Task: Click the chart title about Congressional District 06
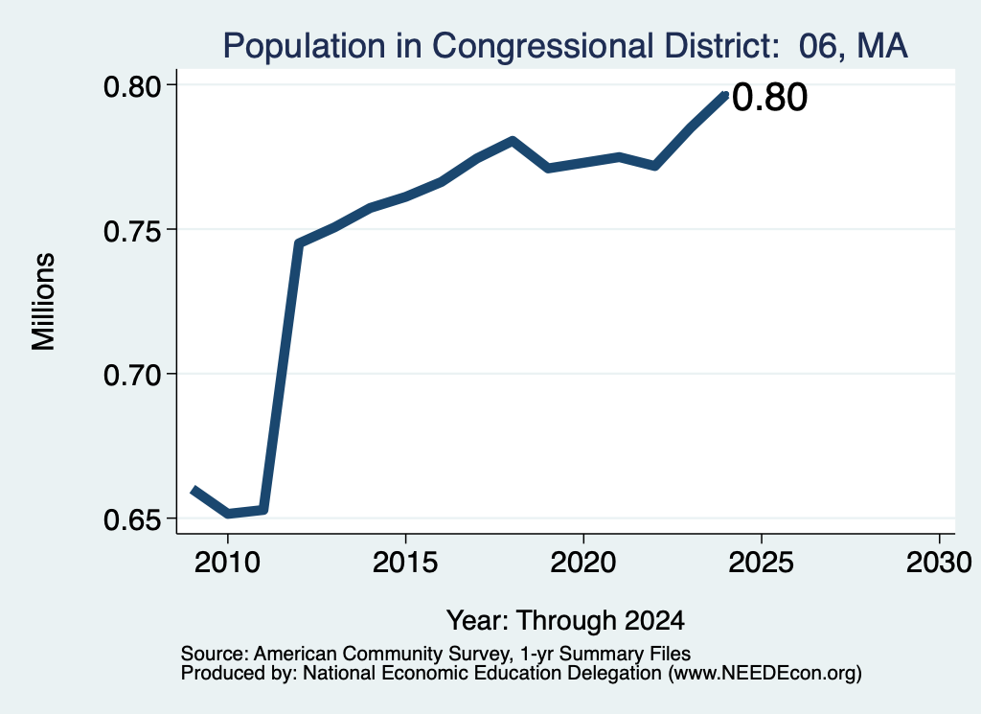pos(565,46)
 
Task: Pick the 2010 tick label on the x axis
pos(227,563)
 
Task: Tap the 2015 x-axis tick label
pos(405,563)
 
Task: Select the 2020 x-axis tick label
pos(583,563)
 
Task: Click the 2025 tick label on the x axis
pos(762,563)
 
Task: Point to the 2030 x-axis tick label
pos(939,563)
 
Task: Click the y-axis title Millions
pos(43,302)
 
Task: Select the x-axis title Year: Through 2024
pos(565,620)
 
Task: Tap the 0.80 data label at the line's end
pos(769,98)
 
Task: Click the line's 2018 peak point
pos(513,140)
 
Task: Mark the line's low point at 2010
pos(228,514)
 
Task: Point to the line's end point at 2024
pos(725,95)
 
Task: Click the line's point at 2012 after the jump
pos(299,242)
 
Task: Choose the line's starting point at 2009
pos(194,489)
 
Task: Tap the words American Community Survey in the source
pos(381,654)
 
